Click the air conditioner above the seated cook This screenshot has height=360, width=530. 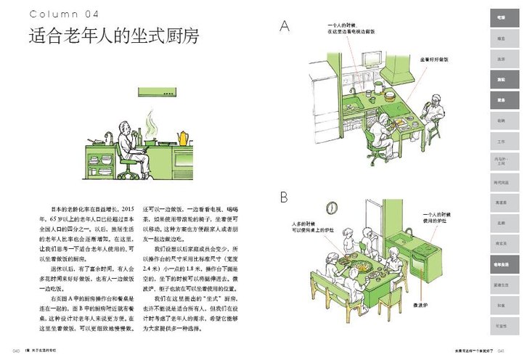coord(158,92)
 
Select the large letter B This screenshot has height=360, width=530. coord(284,197)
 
